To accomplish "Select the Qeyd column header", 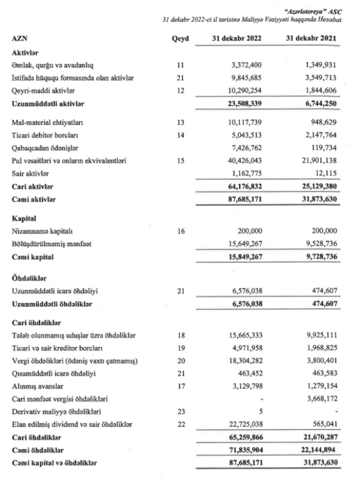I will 180,39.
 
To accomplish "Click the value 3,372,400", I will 244,65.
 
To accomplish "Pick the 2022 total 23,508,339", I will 242,104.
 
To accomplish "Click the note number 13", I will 180,122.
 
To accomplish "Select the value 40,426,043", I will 242,160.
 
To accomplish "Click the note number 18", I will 180,335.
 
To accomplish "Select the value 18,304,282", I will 242,361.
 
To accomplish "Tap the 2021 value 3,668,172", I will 319,398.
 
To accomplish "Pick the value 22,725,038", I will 242,424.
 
